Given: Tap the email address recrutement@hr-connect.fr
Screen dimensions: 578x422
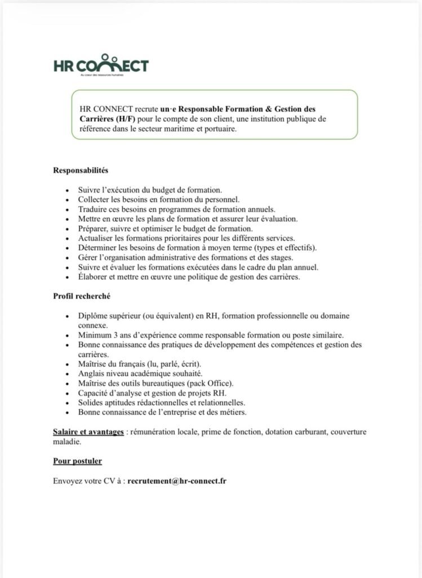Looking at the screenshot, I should tap(177, 481).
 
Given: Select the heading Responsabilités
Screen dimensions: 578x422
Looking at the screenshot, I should tap(81, 170).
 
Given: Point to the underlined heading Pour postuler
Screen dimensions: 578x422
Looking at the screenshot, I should tap(77, 461).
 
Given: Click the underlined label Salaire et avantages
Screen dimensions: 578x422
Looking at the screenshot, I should tap(88, 432).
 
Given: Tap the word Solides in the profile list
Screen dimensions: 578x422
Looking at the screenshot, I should tap(92, 402).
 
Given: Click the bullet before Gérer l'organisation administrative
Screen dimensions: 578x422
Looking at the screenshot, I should tap(68, 257).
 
